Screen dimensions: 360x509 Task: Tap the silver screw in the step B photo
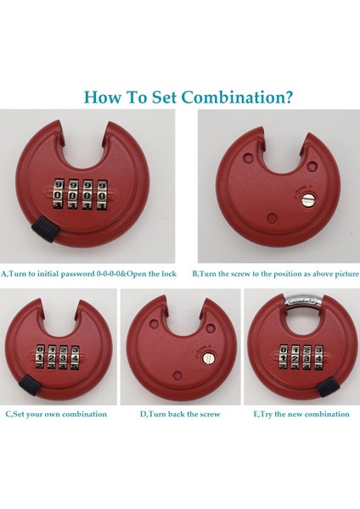click(307, 199)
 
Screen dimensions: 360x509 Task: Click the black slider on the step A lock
click(45, 229)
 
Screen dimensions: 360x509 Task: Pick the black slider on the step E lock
click(328, 387)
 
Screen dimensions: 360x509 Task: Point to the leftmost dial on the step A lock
click(59, 195)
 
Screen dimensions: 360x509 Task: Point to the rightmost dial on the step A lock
click(103, 195)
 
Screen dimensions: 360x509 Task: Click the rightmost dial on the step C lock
click(75, 358)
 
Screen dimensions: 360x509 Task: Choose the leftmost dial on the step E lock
click(284, 358)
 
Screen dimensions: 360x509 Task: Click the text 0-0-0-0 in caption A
click(109, 274)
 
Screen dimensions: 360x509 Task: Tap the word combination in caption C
click(84, 414)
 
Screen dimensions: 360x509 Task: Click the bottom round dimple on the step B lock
click(272, 217)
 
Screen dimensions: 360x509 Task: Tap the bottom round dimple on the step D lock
click(177, 376)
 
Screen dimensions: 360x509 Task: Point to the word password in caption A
click(78, 274)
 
